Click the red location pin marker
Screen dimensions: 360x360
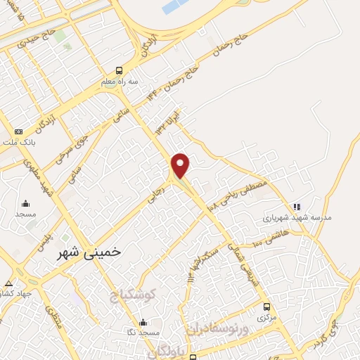tap(181, 165)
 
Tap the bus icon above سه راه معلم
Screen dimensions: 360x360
tap(119, 70)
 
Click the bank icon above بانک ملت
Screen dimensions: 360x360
tap(18, 131)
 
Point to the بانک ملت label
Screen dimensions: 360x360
tap(18, 141)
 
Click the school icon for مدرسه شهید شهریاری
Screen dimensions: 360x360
tap(297, 207)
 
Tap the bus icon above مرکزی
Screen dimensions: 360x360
tap(266, 307)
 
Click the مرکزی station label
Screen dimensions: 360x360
tap(266, 317)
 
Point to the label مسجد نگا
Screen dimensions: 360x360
tap(142, 331)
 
